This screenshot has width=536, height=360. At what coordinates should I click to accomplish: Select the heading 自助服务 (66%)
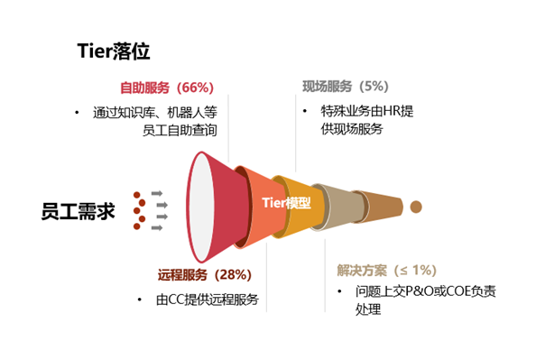166,88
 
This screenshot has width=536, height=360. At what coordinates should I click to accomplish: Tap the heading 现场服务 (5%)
345,87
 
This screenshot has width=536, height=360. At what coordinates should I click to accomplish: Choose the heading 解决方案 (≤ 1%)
387,270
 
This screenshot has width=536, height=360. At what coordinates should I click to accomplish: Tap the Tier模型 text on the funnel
286,203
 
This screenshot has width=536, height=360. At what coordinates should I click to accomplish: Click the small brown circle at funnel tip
416,207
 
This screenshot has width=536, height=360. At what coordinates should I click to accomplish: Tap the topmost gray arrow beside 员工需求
157,193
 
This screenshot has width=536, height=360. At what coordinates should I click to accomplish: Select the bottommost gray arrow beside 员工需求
157,227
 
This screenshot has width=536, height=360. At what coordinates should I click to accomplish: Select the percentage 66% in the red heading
195,88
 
